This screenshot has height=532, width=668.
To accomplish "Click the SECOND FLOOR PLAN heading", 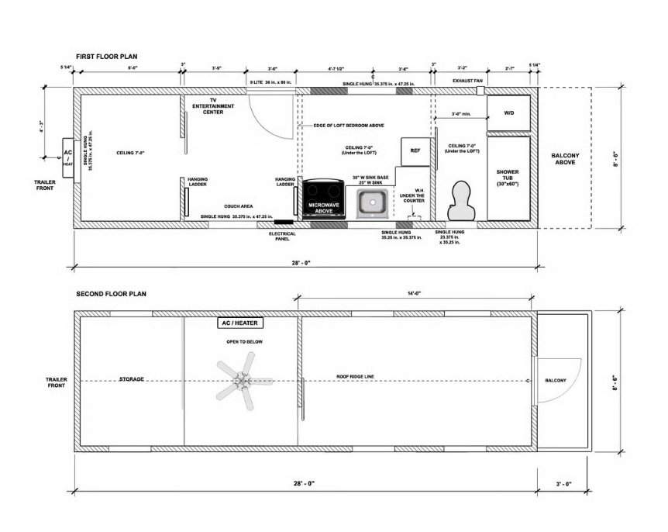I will (x=112, y=295).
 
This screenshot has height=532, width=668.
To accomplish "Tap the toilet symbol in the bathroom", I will (x=461, y=200).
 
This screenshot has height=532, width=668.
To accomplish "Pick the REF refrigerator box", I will (x=415, y=150).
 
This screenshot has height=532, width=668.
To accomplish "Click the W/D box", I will (x=508, y=113).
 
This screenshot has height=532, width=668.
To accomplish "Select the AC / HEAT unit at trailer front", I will (x=68, y=157).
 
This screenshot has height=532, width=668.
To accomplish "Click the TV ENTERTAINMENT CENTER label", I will (x=208, y=106).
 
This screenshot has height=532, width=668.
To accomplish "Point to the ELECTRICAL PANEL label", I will (x=281, y=236).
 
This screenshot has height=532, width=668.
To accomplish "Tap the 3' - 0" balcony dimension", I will (x=563, y=483).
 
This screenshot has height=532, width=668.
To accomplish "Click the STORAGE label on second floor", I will (x=132, y=379).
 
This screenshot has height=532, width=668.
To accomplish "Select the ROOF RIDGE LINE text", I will (x=355, y=376).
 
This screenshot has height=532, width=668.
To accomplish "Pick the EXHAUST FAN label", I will (x=467, y=81).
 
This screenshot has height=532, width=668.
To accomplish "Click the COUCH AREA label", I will (x=239, y=206).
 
